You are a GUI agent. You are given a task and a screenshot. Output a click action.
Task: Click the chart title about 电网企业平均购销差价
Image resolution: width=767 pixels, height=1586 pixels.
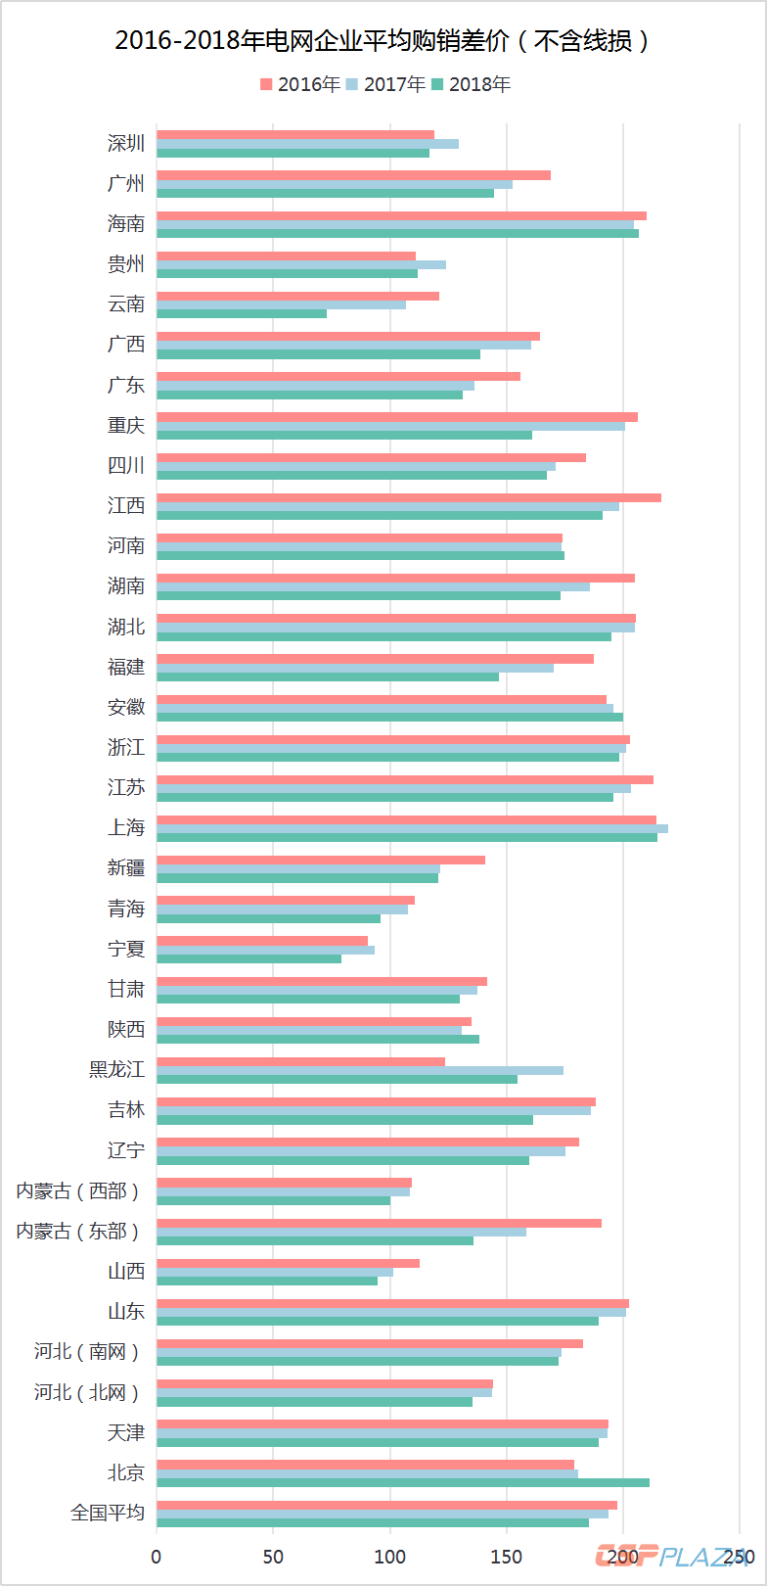point(383,40)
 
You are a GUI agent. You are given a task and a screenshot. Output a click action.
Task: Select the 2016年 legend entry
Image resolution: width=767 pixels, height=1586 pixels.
point(300,84)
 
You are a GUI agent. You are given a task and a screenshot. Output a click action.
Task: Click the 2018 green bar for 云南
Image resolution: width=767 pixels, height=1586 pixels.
point(242,313)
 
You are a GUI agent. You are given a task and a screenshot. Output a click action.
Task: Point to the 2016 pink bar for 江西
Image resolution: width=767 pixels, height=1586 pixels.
point(409,497)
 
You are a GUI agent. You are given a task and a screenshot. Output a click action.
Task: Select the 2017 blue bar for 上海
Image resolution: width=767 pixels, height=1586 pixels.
point(412,828)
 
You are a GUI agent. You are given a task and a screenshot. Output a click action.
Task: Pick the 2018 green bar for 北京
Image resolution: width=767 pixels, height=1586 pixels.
point(403,1482)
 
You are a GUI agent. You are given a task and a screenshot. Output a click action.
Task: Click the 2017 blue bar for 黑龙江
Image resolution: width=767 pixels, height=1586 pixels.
point(360,1070)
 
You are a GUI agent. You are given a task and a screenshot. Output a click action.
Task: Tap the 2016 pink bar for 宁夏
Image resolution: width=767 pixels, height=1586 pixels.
point(262,941)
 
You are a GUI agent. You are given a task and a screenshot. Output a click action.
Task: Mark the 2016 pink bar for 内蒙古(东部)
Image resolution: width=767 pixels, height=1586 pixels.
point(379,1223)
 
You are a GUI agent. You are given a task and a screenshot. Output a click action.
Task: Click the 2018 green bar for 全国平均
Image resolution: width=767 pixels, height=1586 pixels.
point(373,1522)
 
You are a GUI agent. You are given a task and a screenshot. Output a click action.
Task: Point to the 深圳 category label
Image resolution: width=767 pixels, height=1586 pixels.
point(126,144)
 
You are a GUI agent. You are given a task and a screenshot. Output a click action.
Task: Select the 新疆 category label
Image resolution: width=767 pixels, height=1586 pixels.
point(126,868)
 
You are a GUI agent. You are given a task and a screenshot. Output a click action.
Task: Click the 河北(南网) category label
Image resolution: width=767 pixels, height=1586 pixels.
point(87,1352)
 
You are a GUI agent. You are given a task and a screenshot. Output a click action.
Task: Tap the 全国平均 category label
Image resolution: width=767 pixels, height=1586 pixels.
point(108,1513)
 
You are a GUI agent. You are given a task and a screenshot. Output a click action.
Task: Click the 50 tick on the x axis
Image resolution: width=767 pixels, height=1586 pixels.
point(273,1557)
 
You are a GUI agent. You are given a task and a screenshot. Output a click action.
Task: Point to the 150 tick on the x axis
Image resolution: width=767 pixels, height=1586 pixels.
point(507,1557)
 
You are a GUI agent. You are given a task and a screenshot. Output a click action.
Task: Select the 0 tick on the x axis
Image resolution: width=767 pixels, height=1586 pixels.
point(157,1557)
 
